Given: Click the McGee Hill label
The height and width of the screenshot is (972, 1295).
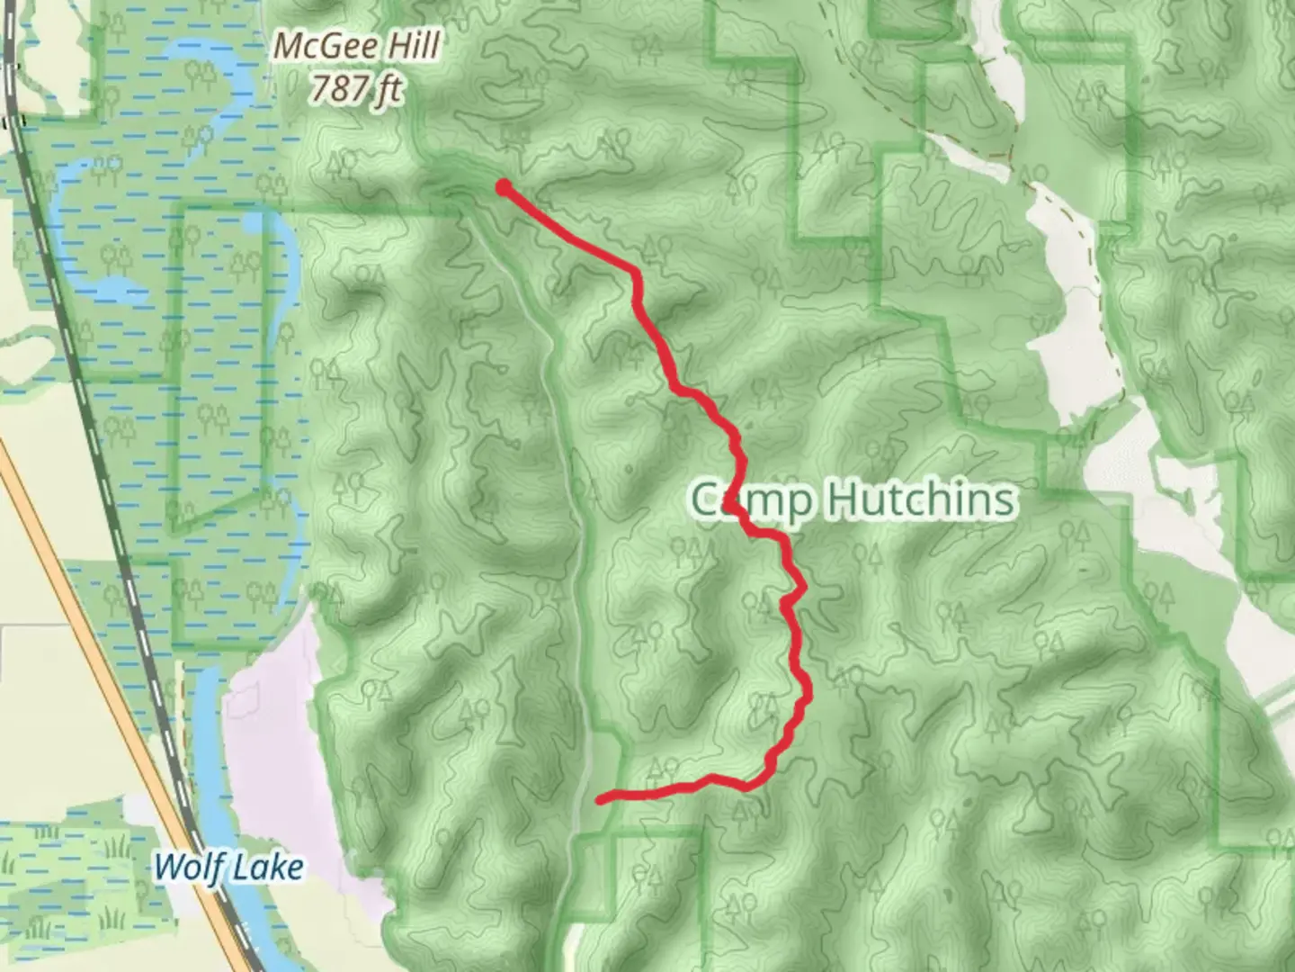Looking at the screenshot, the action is click(x=357, y=45).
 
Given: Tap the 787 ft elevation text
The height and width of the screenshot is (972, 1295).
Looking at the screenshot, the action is click(x=357, y=89).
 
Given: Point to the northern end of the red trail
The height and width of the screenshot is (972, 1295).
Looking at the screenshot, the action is click(x=505, y=187).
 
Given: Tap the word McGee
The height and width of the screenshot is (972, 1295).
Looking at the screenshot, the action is click(x=317, y=45).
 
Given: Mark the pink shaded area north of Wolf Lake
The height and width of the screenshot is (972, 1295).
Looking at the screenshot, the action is click(x=270, y=720).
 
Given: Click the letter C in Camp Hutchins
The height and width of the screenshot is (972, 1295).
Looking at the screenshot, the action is click(x=707, y=500).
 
